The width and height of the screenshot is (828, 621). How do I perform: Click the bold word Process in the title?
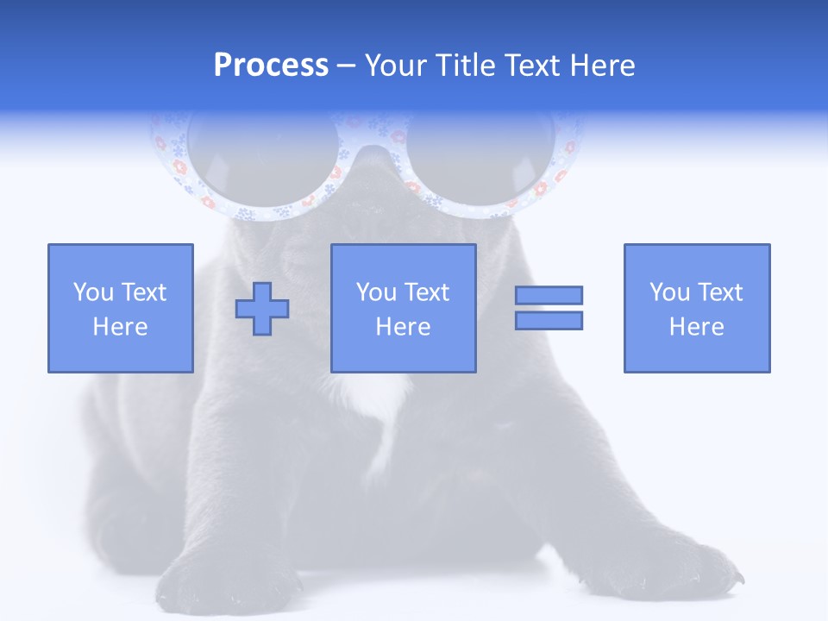tap(271, 66)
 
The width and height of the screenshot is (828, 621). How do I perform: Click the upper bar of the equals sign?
tap(549, 295)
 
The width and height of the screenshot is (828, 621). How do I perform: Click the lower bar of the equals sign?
tap(549, 321)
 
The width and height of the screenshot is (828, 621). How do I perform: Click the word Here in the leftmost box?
tap(120, 327)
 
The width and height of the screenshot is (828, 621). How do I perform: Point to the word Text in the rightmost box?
tap(718, 292)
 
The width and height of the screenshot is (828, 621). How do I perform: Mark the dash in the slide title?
tap(347, 66)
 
